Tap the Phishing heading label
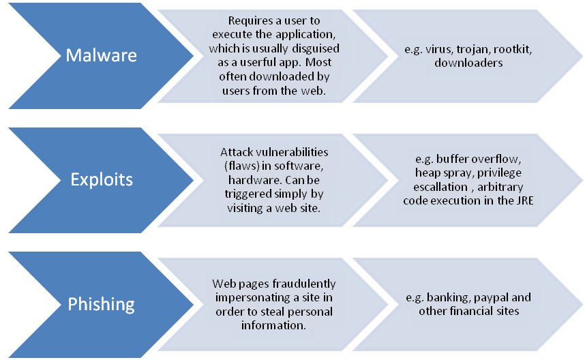tap(101, 304)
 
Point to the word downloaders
tap(468, 63)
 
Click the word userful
tap(254, 62)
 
